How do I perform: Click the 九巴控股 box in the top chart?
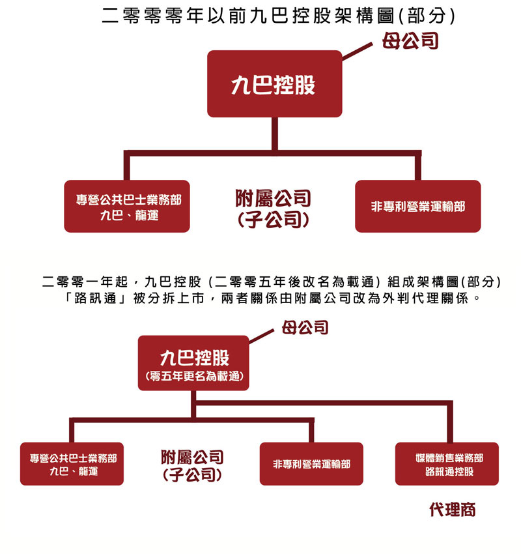pyautogui.click(x=275, y=83)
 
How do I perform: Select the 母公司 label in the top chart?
pyautogui.click(x=410, y=40)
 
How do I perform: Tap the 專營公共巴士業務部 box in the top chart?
pyautogui.click(x=127, y=207)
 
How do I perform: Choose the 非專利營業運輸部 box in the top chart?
pyautogui.click(x=418, y=207)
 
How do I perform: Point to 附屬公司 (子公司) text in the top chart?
pyautogui.click(x=274, y=209)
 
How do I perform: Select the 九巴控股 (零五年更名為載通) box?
pyautogui.click(x=193, y=363)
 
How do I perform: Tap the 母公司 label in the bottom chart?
pyautogui.click(x=305, y=328)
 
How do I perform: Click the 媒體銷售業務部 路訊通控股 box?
pyautogui.click(x=447, y=464)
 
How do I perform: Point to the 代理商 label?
pyautogui.click(x=453, y=510)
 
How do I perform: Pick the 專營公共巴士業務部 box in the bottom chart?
pyautogui.click(x=72, y=464)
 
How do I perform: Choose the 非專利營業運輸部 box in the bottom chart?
pyautogui.click(x=311, y=464)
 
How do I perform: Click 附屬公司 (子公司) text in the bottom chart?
pyautogui.click(x=192, y=465)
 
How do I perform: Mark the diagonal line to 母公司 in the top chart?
pyautogui.click(x=358, y=51)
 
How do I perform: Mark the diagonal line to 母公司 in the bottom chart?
pyautogui.click(x=262, y=336)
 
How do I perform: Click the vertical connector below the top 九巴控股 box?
pyautogui.click(x=275, y=134)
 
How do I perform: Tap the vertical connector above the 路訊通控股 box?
pyautogui.click(x=450, y=422)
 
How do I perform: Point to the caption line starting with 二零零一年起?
pyautogui.click(x=271, y=282)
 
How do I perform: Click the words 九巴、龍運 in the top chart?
pyautogui.click(x=129, y=215)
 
